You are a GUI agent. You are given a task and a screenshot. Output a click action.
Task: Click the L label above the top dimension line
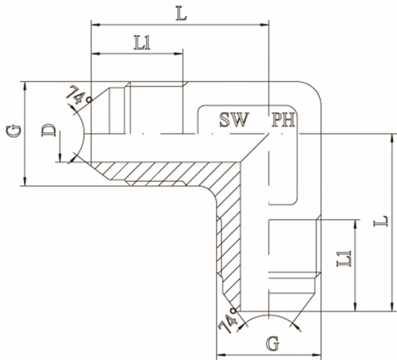click(182, 14)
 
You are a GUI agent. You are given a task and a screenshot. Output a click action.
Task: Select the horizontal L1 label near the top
click(142, 43)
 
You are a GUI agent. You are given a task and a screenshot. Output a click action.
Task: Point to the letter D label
click(49, 130)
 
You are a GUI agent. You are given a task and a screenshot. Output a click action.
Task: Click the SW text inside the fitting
click(234, 119)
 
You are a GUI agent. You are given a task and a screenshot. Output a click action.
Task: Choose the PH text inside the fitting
click(283, 120)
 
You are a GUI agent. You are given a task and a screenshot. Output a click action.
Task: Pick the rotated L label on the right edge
click(380, 221)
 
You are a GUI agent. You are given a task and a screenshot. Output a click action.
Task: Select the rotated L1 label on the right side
click(344, 258)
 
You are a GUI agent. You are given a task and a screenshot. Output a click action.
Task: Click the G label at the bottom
click(273, 343)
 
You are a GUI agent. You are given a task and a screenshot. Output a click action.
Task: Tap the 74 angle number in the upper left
click(76, 95)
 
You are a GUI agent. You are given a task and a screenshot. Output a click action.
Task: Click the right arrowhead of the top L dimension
click(264, 25)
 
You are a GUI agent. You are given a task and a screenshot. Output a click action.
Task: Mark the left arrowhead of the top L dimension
click(95, 25)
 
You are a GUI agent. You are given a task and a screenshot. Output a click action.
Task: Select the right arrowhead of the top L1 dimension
click(179, 53)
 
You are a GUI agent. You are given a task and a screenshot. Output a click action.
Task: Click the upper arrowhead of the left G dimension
click(25, 87)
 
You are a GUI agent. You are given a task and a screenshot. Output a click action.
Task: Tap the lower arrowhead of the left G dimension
click(25, 181)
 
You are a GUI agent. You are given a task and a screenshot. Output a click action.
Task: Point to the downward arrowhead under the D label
click(60, 157)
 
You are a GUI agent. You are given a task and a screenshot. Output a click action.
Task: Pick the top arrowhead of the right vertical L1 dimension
click(356, 224)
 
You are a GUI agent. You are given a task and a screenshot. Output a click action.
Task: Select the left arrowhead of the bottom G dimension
click(222, 354)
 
